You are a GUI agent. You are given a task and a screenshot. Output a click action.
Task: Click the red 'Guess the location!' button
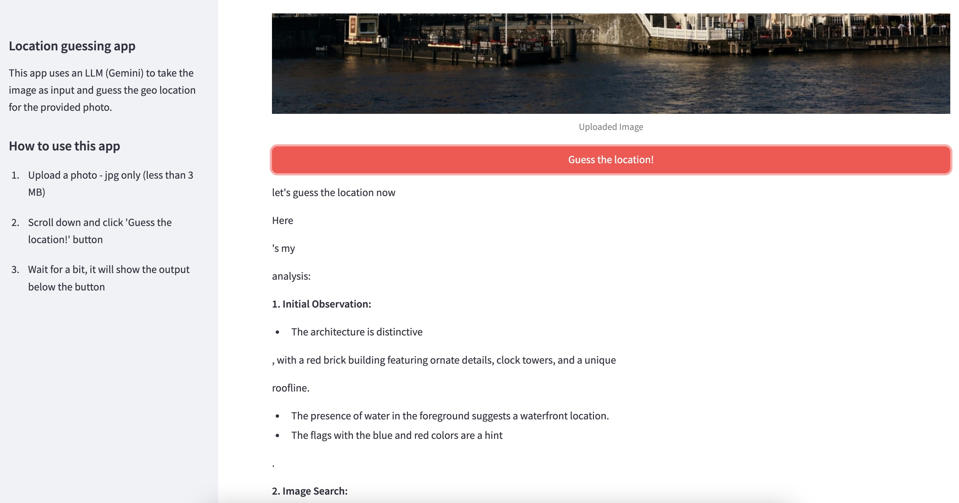pos(610,160)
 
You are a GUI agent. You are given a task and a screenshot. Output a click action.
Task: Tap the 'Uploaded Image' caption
pos(610,127)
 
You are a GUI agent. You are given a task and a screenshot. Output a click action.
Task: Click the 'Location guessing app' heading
pos(72,46)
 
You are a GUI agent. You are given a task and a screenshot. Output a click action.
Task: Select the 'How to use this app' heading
pos(64,146)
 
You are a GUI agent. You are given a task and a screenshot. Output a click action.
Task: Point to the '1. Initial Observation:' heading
pos(321,304)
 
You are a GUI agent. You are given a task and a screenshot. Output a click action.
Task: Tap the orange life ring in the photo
pos(788,33)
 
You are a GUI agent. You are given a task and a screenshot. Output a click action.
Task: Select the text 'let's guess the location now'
pos(333,192)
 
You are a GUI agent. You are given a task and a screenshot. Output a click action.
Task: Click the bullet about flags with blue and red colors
pos(397,435)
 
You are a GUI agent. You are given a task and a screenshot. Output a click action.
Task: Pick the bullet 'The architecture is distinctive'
pos(356,332)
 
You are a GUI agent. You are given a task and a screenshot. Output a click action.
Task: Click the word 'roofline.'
pos(290,388)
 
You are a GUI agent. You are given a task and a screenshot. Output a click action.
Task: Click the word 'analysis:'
pos(291,276)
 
